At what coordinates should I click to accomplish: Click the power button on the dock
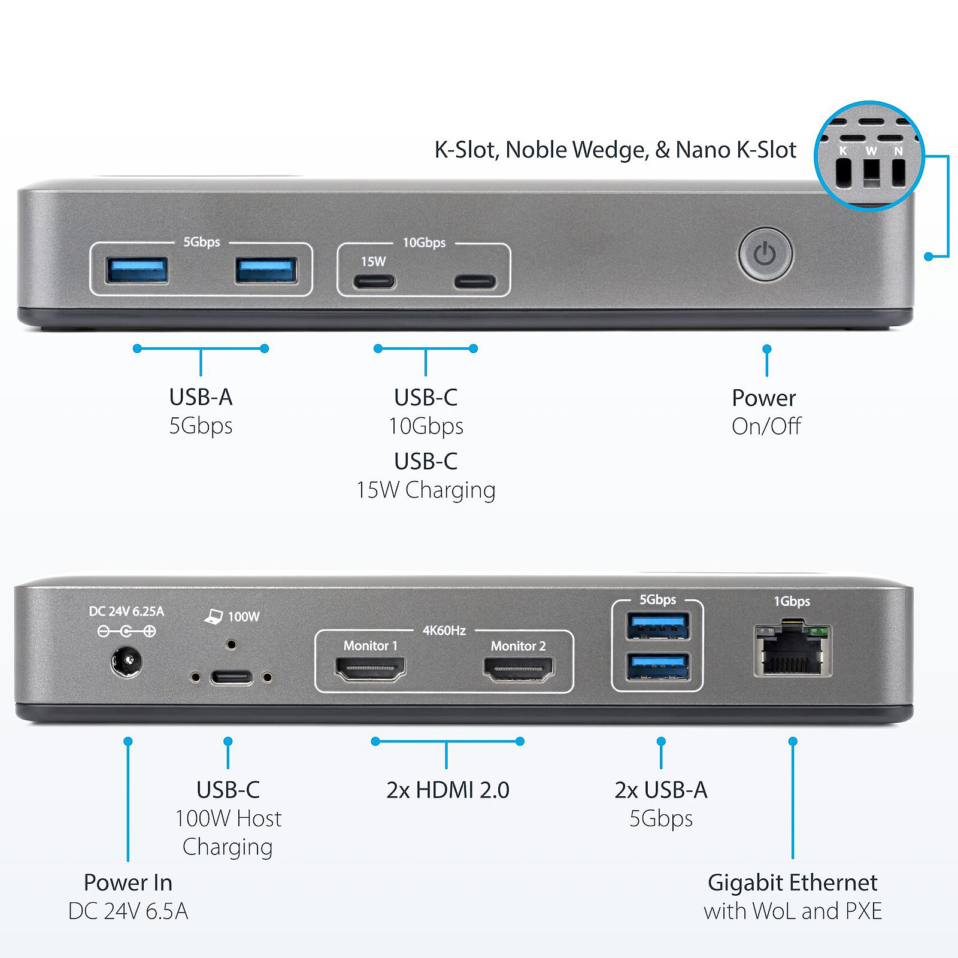pos(765,254)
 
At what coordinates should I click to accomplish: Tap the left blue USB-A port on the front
pos(137,270)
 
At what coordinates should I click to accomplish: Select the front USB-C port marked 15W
pos(374,281)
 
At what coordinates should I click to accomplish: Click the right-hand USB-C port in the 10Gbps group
pos(474,281)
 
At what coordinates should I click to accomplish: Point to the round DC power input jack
pos(126,662)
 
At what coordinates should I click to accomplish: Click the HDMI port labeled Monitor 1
pos(370,669)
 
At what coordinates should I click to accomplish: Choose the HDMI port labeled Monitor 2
pos(519,669)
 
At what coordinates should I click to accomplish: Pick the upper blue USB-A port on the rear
pos(657,627)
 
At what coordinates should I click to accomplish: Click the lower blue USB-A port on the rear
pos(657,666)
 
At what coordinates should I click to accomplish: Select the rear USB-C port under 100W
pos(231,678)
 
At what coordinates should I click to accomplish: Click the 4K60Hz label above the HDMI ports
pos(444,630)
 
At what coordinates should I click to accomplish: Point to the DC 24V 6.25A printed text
pos(126,611)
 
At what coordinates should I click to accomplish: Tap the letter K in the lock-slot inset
pos(843,151)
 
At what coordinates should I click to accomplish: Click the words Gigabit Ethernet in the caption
pos(792,883)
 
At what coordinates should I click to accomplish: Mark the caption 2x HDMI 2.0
pos(447,790)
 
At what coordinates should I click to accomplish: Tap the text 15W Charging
pos(426,490)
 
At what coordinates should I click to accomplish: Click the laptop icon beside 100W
pos(214,616)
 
